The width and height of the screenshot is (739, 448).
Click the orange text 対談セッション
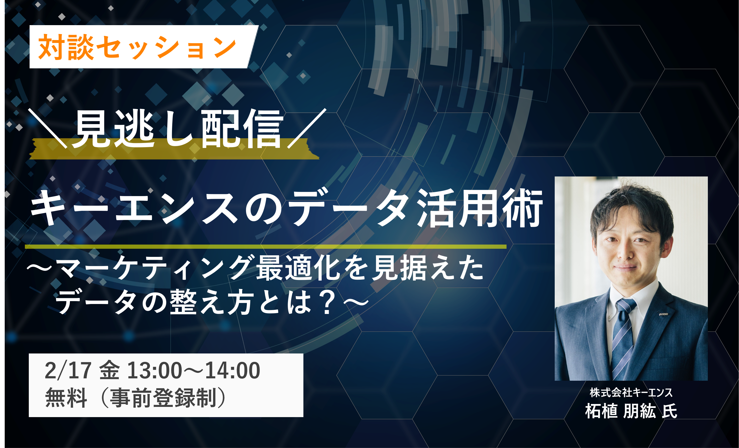[137, 47]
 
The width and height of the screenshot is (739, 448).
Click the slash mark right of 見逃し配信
[307, 128]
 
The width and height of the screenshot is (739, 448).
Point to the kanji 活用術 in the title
[480, 208]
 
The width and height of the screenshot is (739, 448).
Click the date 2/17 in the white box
[68, 370]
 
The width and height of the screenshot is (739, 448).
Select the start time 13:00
[154, 370]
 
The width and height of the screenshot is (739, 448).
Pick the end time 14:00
[232, 370]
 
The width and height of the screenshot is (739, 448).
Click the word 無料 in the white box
[66, 397]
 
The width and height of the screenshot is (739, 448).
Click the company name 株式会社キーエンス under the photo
[631, 392]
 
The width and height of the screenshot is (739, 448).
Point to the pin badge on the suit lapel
[663, 314]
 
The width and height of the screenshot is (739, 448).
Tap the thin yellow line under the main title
[265, 247]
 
